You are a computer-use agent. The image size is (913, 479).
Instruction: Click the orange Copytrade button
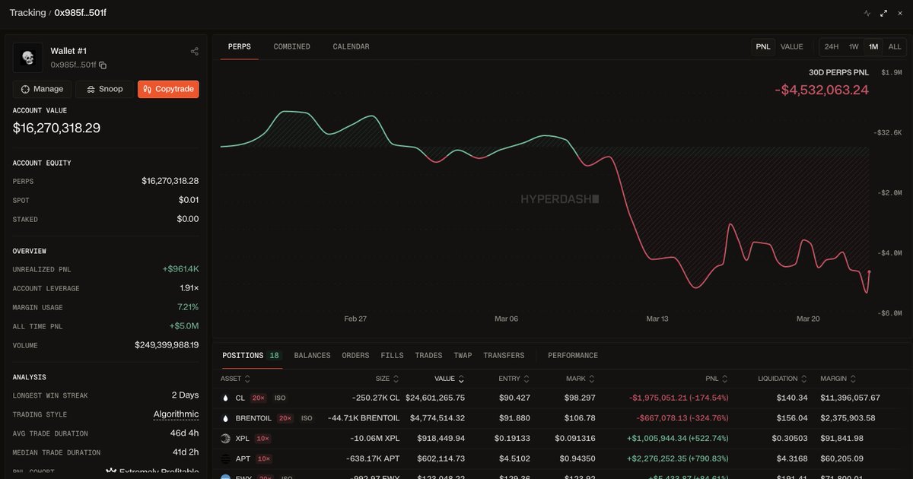[168, 89]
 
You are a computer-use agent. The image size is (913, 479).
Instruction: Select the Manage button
[43, 89]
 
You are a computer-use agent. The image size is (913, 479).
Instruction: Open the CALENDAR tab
[351, 47]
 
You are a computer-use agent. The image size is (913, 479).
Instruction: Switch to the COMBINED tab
[291, 47]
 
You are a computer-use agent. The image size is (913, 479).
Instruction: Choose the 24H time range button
[831, 47]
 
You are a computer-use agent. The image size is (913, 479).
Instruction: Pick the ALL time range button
[895, 47]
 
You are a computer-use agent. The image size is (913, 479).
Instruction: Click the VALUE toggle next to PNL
[791, 47]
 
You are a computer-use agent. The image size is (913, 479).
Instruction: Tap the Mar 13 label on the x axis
[657, 319]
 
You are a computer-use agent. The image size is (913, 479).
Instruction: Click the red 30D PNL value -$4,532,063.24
[822, 90]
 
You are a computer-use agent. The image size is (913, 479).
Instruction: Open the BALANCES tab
[312, 356]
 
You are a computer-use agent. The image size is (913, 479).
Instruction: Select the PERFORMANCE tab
[573, 356]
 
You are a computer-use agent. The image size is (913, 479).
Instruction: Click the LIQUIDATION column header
[778, 379]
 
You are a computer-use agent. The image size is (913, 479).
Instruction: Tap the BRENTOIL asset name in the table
[254, 418]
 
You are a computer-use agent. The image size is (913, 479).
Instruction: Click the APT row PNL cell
[674, 459]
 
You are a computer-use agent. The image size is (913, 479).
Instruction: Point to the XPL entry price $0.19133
[512, 439]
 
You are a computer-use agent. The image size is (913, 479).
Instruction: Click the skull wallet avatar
[28, 58]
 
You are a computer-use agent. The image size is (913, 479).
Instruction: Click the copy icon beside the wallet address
[103, 65]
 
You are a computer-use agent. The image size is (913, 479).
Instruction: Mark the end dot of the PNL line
[869, 271]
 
